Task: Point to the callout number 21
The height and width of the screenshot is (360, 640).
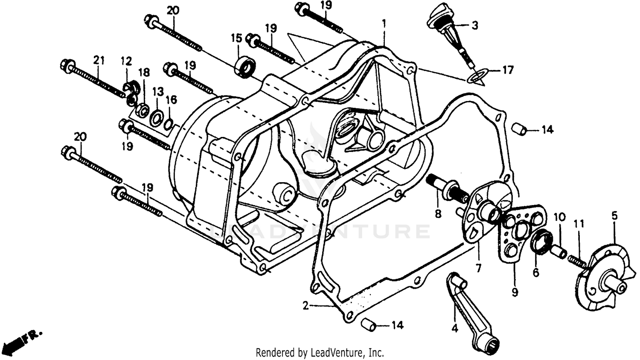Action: (99, 61)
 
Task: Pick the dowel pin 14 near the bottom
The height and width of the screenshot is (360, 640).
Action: (369, 325)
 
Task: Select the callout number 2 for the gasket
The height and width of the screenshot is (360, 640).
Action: (305, 305)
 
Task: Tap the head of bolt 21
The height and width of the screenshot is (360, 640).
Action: (67, 66)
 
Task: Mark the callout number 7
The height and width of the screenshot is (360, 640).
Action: (478, 268)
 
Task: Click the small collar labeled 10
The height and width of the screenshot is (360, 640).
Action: (559, 252)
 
